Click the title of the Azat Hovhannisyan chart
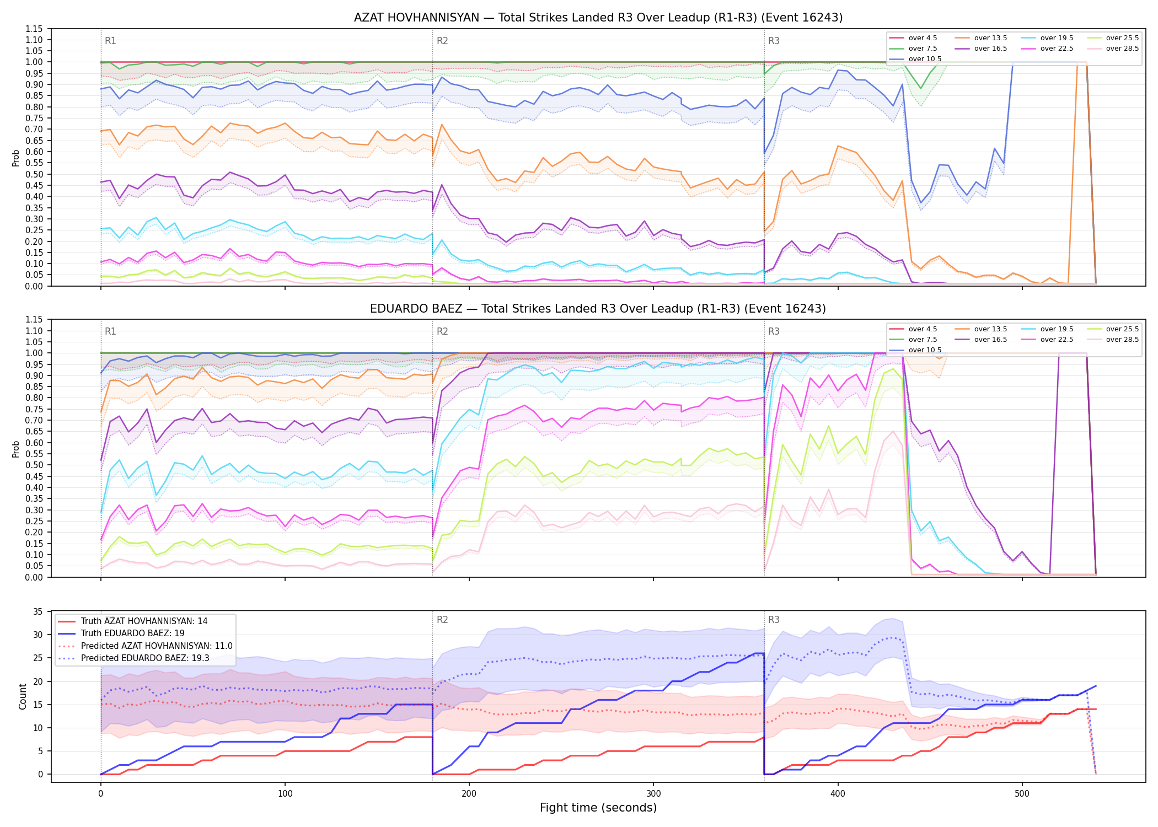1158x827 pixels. (598, 18)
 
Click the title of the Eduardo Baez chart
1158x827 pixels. (598, 309)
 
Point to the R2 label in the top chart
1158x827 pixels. (442, 41)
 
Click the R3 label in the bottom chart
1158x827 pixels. (774, 620)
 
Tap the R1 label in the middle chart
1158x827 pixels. (110, 331)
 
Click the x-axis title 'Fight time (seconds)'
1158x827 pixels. (598, 808)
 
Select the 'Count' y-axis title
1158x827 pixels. (23, 696)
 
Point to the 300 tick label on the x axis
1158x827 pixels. (653, 794)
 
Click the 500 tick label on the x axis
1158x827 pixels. (1022, 794)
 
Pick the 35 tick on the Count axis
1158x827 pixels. (38, 611)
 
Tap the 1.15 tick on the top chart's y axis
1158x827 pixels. (34, 29)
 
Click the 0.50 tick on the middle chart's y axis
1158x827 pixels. (34, 465)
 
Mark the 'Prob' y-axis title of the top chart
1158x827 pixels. (16, 158)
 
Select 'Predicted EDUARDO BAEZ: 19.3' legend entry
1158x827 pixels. (145, 658)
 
